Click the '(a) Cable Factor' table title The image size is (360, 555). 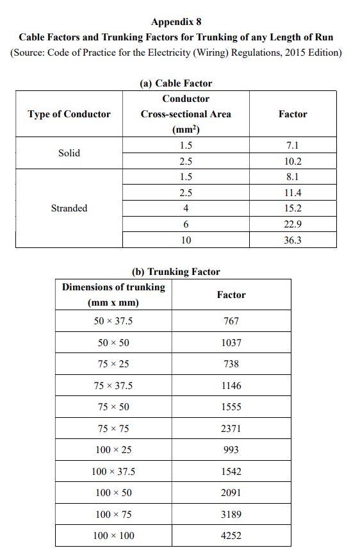tap(176, 83)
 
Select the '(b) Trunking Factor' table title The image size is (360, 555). tap(176, 272)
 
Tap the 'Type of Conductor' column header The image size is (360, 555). tap(69, 114)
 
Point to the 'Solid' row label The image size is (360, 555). tap(69, 153)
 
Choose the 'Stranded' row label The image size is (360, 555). tap(69, 208)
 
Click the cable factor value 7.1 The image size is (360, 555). tap(292, 146)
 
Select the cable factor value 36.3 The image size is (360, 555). tap(293, 240)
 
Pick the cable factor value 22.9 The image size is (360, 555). tap(293, 224)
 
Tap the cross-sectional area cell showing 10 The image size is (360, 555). tap(186, 240)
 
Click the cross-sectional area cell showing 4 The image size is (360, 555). tap(186, 208)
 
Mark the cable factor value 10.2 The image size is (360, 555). tap(293, 162)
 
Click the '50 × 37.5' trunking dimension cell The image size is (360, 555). tap(113, 321)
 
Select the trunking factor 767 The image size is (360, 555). tap(231, 321)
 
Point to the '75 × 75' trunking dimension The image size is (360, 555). tap(113, 429)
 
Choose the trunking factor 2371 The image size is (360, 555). tap(231, 429)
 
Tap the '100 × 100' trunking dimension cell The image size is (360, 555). tap(113, 536)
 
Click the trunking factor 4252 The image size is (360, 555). tap(231, 536)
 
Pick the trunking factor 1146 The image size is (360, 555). tap(231, 386)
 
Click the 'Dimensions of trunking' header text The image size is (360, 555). tap(113, 287)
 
